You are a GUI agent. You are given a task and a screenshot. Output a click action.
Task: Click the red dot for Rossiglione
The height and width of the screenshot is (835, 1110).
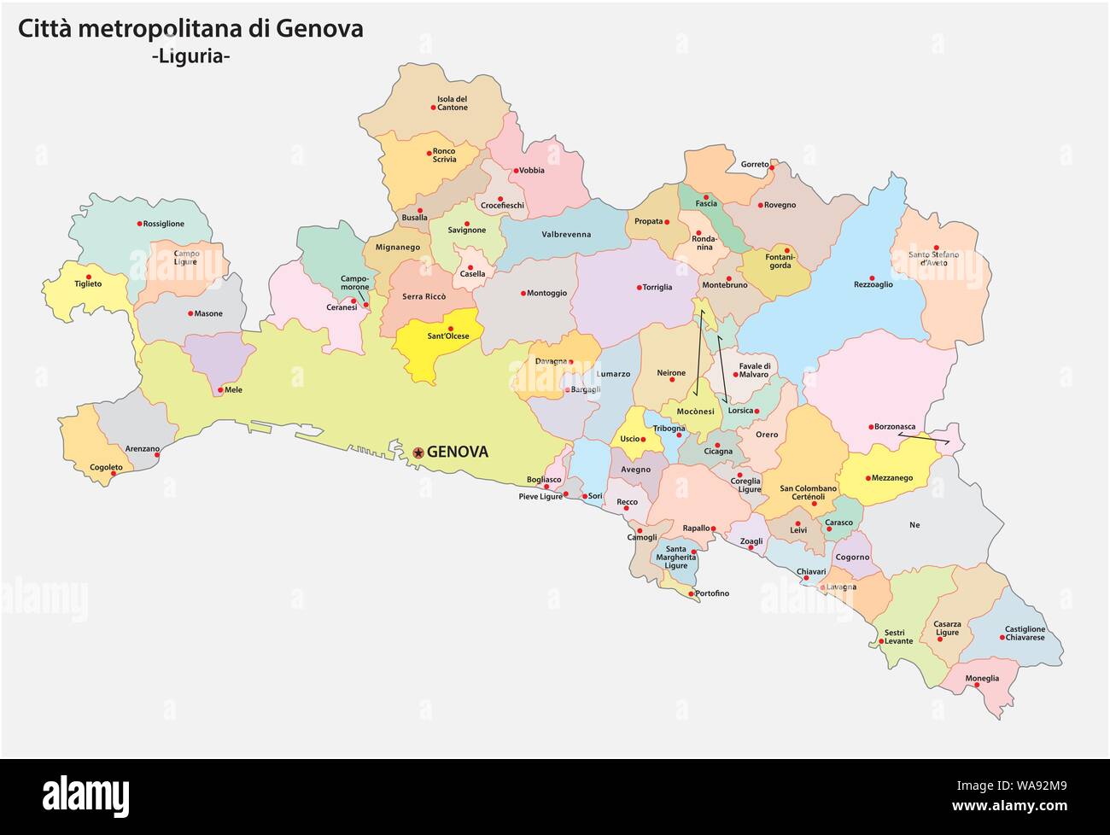(x=139, y=224)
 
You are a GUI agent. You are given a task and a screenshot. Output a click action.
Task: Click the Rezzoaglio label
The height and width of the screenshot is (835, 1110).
(x=873, y=285)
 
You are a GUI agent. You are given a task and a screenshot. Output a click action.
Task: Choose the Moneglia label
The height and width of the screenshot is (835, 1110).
(x=982, y=679)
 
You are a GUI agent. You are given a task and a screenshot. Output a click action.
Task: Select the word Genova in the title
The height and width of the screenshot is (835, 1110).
(x=319, y=29)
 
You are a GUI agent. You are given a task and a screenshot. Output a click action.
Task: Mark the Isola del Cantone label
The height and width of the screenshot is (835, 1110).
(x=453, y=103)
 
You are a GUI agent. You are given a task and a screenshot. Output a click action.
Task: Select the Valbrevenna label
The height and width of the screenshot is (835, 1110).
(x=566, y=235)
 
